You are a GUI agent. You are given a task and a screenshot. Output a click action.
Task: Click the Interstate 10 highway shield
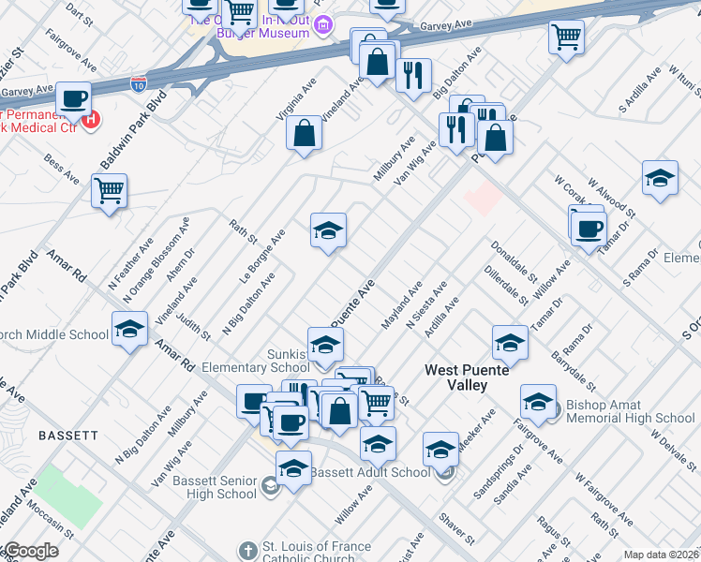(139, 82)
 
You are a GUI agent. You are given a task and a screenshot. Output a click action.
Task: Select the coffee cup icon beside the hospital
(73, 98)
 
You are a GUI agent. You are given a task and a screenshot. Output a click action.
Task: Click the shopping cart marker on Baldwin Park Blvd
(110, 191)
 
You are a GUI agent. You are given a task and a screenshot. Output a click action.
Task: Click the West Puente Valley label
(468, 377)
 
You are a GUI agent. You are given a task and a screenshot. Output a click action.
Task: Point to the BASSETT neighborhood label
(68, 436)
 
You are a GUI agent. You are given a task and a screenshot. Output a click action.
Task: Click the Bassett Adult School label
(370, 472)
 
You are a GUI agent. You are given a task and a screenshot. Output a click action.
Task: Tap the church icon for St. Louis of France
(246, 551)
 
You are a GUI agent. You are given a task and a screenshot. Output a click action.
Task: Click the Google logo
(30, 551)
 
